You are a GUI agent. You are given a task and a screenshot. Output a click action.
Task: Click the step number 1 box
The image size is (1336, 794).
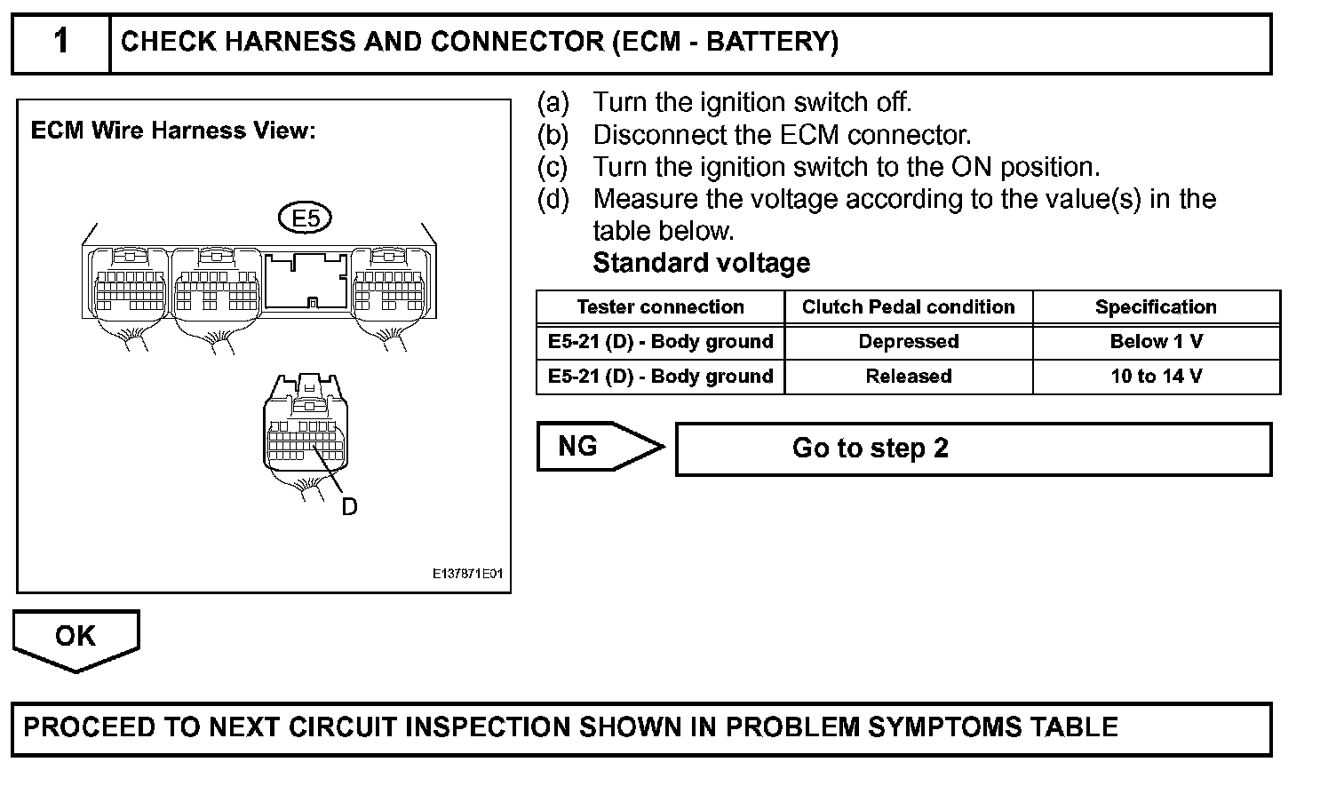(x=60, y=43)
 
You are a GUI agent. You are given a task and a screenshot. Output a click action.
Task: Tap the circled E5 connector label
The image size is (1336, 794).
(x=305, y=218)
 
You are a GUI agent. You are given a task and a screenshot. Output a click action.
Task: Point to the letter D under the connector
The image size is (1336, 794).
(x=349, y=507)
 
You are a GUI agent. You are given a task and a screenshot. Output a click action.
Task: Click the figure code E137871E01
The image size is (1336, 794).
(x=467, y=574)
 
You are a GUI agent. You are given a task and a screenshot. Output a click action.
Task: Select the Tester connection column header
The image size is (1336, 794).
(x=660, y=307)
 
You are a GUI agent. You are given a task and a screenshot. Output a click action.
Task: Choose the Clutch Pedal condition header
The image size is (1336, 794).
(x=908, y=307)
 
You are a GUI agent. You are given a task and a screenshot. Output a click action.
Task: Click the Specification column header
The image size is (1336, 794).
(x=1156, y=307)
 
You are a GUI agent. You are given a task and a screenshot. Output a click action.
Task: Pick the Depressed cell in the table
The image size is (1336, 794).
(x=908, y=342)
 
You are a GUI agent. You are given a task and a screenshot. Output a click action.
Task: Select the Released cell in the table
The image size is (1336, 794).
(x=908, y=377)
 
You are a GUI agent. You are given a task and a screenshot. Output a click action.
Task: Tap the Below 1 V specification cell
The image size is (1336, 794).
(x=1156, y=342)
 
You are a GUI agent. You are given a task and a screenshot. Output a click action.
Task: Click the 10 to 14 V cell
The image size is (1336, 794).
(x=1156, y=377)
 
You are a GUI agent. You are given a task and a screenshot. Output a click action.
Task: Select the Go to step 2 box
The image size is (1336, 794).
(x=973, y=449)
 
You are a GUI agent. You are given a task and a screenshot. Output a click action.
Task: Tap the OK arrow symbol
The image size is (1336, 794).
(x=76, y=638)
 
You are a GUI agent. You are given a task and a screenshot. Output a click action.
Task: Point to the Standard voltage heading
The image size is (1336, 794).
(x=701, y=263)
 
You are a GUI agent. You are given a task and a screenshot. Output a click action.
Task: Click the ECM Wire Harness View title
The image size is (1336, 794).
(x=173, y=131)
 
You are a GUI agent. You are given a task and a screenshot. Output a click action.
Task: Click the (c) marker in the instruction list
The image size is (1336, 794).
(x=553, y=167)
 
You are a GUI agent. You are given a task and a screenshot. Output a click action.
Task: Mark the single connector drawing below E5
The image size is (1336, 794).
(x=306, y=426)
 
